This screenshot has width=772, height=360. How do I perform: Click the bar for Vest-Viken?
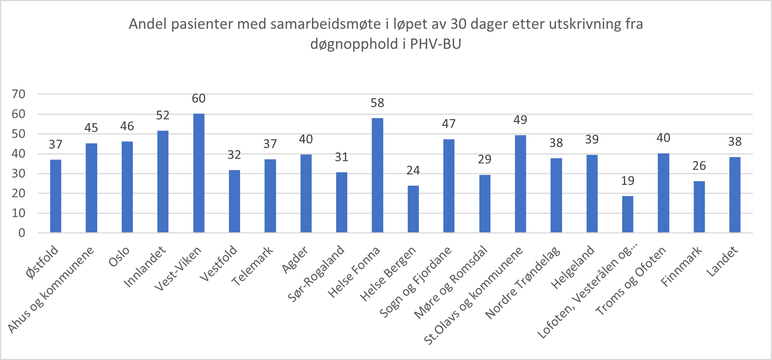(x=198, y=173)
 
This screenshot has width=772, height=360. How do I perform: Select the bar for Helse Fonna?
(x=377, y=175)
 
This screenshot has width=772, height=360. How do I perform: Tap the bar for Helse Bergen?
(x=413, y=209)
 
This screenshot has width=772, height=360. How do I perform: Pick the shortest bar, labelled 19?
(x=627, y=214)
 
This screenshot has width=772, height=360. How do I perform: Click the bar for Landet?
(x=735, y=195)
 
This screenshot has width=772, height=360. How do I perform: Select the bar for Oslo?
(x=127, y=187)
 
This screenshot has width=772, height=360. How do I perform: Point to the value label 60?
(x=198, y=98)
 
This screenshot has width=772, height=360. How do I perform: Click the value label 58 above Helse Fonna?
(x=377, y=103)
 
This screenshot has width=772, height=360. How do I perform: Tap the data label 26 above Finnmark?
(x=699, y=166)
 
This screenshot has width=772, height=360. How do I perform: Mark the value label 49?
(x=520, y=120)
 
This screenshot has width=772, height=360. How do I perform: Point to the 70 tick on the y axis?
(x=19, y=94)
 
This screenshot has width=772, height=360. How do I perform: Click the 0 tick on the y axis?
(x=22, y=233)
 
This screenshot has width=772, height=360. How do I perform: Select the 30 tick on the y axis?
(x=19, y=173)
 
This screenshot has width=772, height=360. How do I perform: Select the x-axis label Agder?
(x=295, y=259)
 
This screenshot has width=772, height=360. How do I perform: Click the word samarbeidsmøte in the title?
(x=325, y=24)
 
